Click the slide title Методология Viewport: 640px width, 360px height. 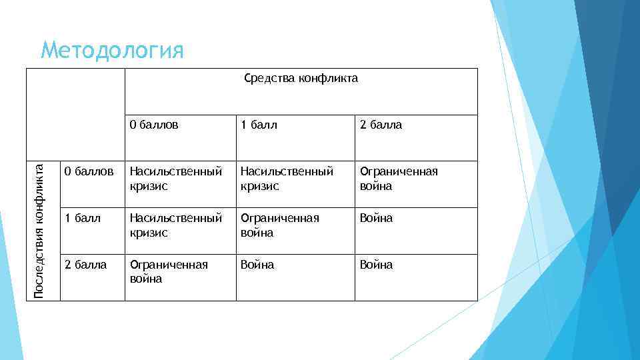[111, 50]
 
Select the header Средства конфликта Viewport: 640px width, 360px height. [301, 79]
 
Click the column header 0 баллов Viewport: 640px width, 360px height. [154, 125]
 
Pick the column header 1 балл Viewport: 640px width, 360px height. [259, 125]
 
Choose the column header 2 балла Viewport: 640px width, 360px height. [381, 125]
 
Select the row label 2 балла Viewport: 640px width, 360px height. [85, 265]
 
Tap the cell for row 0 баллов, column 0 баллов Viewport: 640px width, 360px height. [176, 179]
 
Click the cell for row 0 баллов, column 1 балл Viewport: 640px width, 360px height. [287, 179]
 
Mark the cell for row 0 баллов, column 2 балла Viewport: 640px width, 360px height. [399, 179]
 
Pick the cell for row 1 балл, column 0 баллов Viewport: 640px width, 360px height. [176, 225]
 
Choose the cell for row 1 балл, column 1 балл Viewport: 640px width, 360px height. [279, 225]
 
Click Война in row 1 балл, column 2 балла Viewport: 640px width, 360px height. [376, 218]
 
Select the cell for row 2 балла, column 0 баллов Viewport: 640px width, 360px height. [168, 271]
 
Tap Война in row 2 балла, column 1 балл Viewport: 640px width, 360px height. [257, 265]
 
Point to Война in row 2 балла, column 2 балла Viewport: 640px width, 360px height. [376, 265]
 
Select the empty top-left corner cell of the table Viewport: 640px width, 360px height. [76, 113]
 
